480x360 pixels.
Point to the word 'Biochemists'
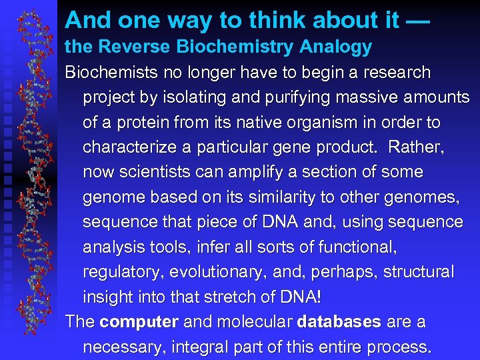coord(108,72)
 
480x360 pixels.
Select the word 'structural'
coord(419,272)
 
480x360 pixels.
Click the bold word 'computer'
coord(139,322)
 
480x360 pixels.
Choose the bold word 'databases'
coord(339,322)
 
